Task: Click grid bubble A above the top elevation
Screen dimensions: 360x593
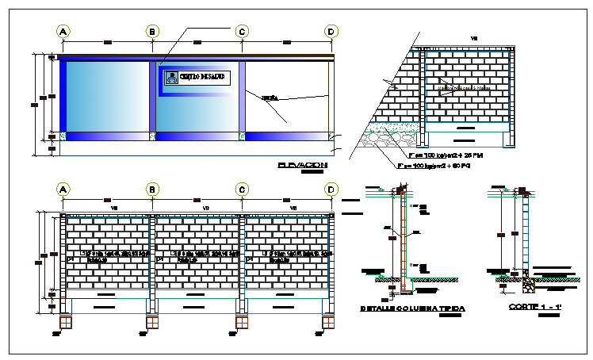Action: (x=63, y=31)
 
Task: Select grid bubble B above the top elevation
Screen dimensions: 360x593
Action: (x=152, y=31)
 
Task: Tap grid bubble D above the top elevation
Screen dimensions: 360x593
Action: (x=331, y=31)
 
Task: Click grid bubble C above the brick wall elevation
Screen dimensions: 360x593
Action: (x=242, y=190)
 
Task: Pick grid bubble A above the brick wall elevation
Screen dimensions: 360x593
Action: (x=63, y=190)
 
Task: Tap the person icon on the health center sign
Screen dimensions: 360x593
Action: (x=170, y=77)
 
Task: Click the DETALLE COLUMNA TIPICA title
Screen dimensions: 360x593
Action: (x=412, y=308)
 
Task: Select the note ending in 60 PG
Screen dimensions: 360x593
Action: (x=432, y=167)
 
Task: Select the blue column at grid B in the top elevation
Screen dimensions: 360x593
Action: (x=152, y=95)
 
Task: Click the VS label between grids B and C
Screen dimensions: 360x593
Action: (x=205, y=208)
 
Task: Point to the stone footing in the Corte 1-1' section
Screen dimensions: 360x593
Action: (x=526, y=278)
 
